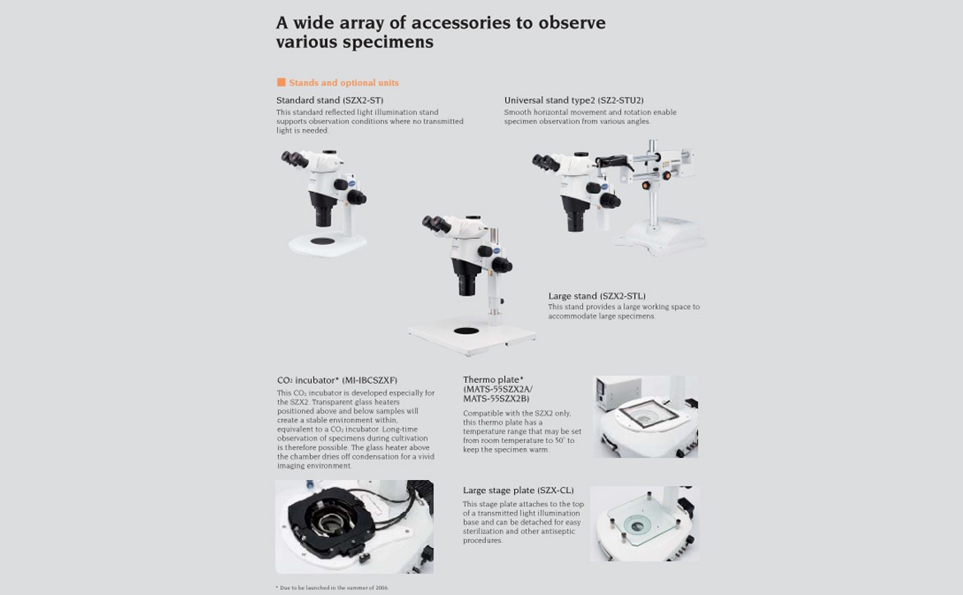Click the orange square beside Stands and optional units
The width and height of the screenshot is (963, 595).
[x=281, y=82]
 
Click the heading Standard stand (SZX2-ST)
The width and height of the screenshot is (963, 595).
[x=330, y=100]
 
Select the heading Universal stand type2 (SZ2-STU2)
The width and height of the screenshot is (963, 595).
[x=574, y=100]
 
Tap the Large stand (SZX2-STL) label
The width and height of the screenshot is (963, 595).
[x=597, y=296]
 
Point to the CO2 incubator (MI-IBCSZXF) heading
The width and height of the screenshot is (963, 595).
[x=337, y=380]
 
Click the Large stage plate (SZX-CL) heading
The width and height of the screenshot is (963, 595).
[x=518, y=490]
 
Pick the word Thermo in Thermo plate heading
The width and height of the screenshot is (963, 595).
[x=477, y=380]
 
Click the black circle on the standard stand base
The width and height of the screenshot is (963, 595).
[x=322, y=241]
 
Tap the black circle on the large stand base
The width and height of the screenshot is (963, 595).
[x=466, y=331]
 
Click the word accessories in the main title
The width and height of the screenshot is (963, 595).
[x=461, y=23]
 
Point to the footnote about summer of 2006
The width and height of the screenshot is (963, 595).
[x=332, y=588]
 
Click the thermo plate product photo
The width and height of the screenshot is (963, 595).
[x=645, y=417]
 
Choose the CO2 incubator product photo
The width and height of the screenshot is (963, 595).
[x=354, y=527]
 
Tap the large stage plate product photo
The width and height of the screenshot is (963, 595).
[x=644, y=524]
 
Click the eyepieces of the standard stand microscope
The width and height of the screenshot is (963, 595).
[x=294, y=159]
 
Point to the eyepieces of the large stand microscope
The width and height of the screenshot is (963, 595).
[x=436, y=224]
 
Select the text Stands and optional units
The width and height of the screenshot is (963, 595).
[x=344, y=83]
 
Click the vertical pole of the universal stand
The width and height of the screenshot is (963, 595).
[x=653, y=184]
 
